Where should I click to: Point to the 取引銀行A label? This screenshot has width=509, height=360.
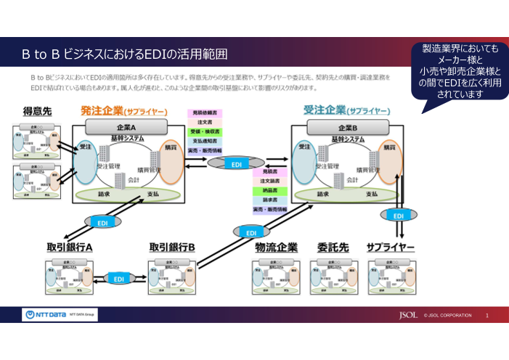70,247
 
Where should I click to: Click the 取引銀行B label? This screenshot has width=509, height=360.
172,247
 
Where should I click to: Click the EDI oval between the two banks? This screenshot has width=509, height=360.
118,278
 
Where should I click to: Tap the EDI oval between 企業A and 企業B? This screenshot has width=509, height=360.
236,165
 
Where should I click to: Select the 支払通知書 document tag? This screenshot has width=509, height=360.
206,141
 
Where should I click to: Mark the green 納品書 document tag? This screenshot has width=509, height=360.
270,189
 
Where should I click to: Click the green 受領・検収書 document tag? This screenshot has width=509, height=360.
206,131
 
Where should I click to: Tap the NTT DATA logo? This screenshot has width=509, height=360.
45,315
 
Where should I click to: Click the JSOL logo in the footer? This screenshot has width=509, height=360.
408,316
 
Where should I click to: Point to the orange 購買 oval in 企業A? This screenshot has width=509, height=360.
171,161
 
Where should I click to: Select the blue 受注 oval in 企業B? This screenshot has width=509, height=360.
304,161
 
